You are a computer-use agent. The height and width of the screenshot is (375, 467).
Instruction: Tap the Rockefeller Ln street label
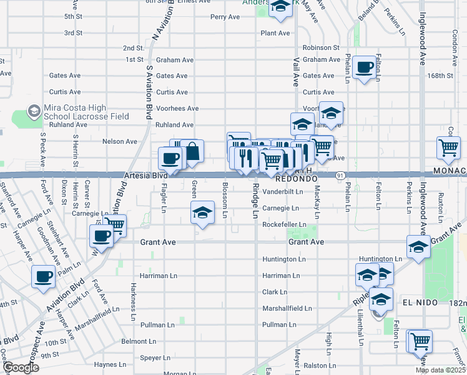tap(284, 224)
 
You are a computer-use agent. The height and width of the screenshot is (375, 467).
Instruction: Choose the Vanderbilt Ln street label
tap(282, 191)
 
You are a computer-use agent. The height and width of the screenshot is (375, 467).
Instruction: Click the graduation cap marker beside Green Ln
tap(202, 213)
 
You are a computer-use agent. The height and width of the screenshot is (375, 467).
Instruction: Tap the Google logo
tap(21, 367)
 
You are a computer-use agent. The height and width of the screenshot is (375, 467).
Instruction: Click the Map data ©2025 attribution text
tap(440, 370)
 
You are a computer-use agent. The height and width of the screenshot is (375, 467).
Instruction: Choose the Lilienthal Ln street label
tap(360, 329)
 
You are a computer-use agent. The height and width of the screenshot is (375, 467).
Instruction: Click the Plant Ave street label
tap(275, 32)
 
